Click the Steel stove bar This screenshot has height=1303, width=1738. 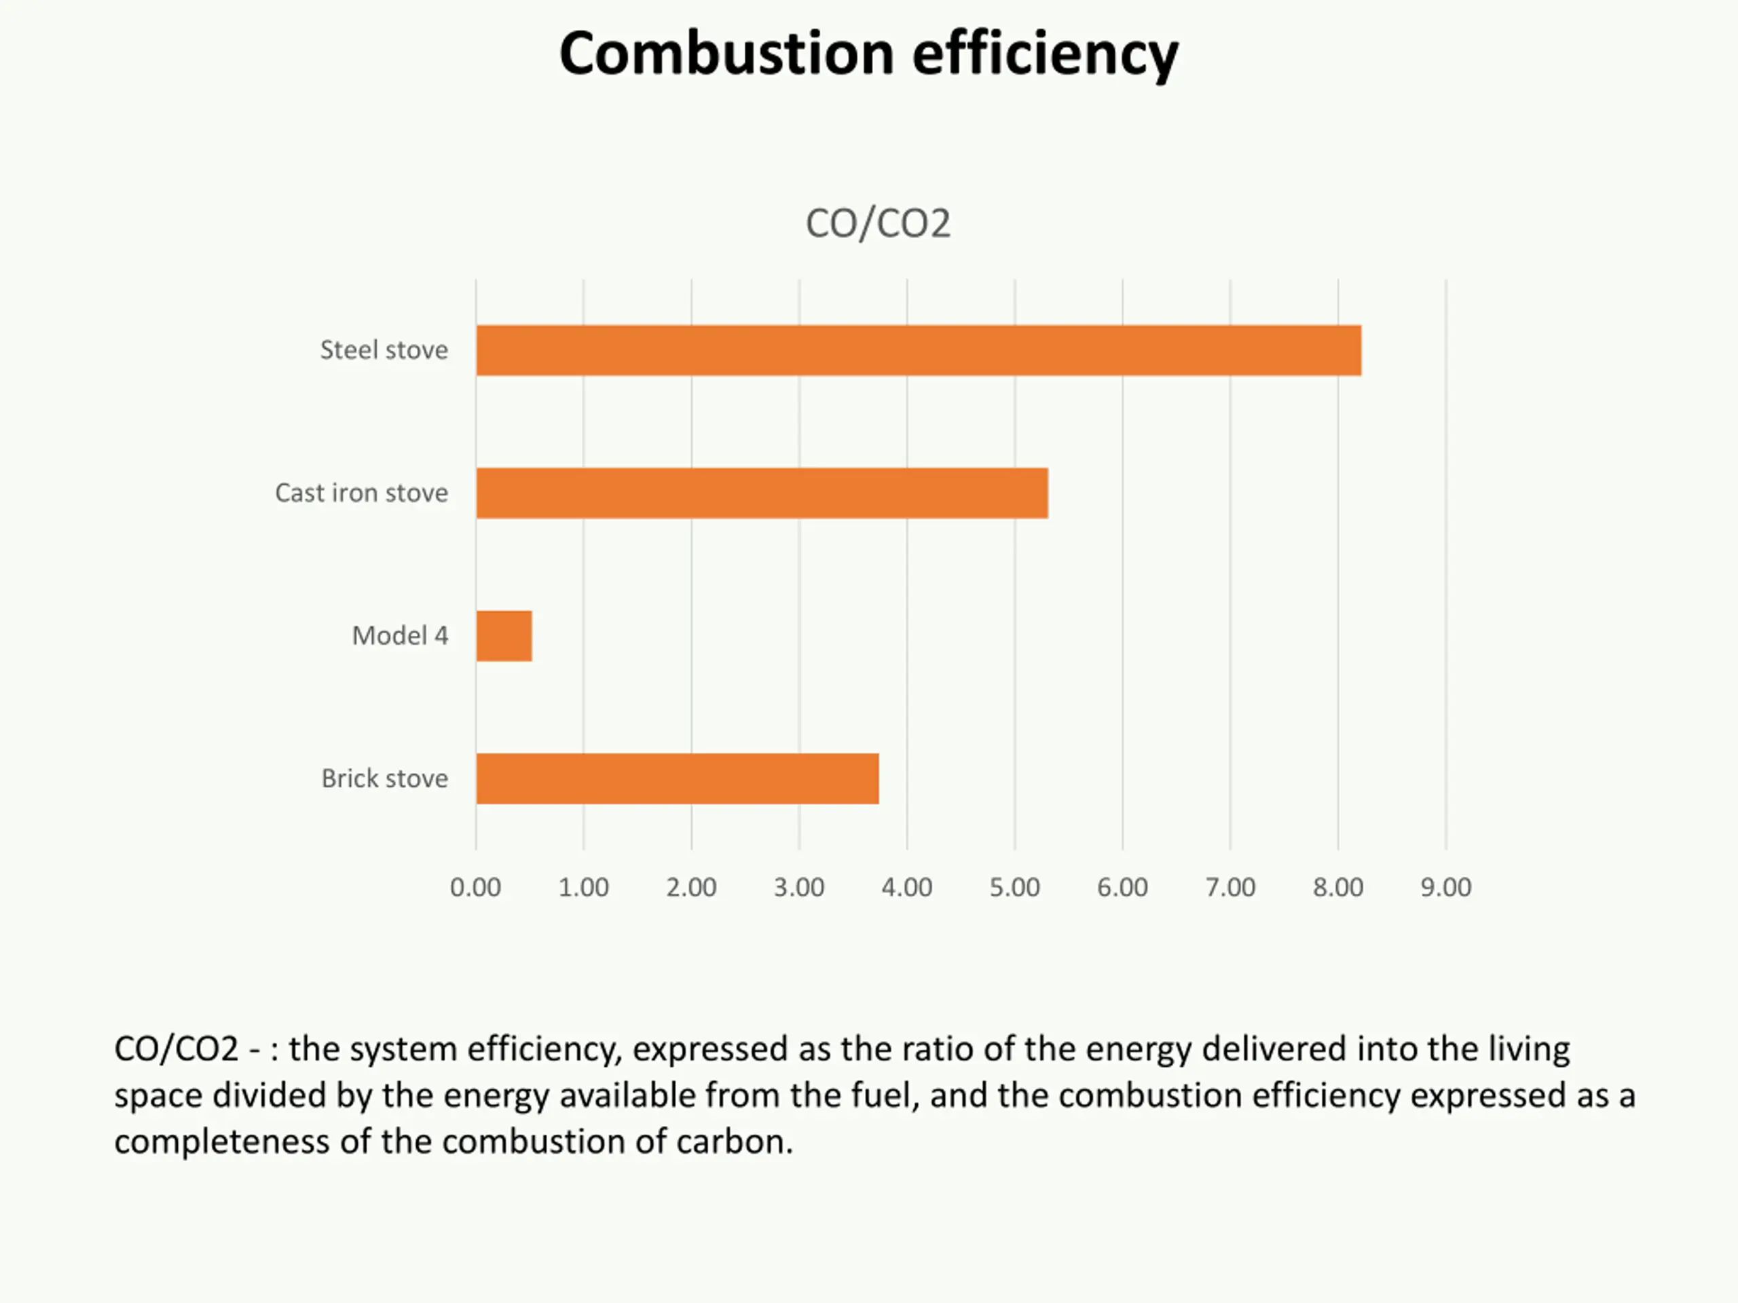click(x=918, y=350)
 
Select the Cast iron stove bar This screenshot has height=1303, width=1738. click(x=761, y=493)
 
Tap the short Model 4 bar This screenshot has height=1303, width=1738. click(x=504, y=636)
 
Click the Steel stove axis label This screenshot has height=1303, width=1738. click(x=384, y=350)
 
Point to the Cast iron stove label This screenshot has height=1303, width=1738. click(x=361, y=493)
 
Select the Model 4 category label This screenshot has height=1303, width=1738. click(x=400, y=636)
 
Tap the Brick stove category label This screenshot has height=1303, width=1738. click(x=384, y=778)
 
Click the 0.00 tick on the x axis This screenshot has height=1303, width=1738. click(x=475, y=888)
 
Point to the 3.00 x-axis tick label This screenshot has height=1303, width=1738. click(x=799, y=888)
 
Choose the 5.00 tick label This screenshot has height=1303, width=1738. click(x=1014, y=888)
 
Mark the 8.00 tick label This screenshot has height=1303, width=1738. click(x=1338, y=888)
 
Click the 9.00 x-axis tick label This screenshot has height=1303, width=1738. click(x=1445, y=888)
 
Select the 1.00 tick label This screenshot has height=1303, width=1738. click(x=583, y=888)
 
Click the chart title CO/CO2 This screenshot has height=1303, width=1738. click(x=878, y=224)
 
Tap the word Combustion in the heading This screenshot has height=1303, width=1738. click(x=727, y=55)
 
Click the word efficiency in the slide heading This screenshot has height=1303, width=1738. click(x=1045, y=55)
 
